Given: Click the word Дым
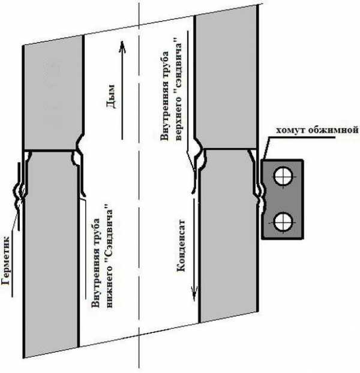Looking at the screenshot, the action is pyautogui.click(x=111, y=97).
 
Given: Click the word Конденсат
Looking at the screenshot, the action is pyautogui.click(x=181, y=245).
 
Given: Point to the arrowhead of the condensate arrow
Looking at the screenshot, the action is pyautogui.click(x=194, y=293).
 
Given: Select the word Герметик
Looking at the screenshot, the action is pyautogui.click(x=6, y=260).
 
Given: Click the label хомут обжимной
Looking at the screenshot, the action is pyautogui.click(x=317, y=130).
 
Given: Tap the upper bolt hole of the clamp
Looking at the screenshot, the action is pyautogui.click(x=283, y=176).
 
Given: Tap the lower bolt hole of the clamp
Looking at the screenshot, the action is pyautogui.click(x=283, y=222).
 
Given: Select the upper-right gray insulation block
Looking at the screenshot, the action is pyautogui.click(x=226, y=79).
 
